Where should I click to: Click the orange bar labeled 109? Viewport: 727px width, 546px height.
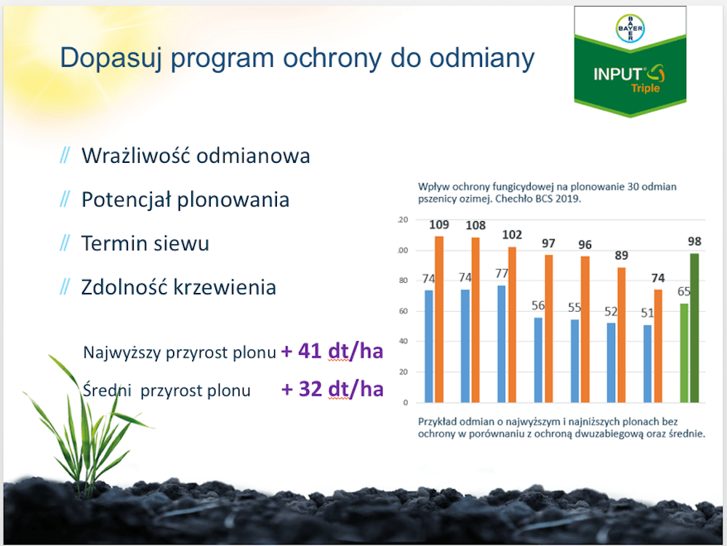[439, 319]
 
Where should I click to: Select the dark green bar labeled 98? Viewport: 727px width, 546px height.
[694, 328]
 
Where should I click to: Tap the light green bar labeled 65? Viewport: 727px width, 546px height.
[684, 353]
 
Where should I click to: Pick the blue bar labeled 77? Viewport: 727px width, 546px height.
[502, 344]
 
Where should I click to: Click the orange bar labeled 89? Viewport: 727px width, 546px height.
[622, 334]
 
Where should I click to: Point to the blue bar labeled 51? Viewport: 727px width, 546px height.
[647, 364]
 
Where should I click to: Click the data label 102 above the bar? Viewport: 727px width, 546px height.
[512, 235]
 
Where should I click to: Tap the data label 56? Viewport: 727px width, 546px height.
[538, 305]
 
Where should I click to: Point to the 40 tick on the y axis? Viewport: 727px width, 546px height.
[403, 341]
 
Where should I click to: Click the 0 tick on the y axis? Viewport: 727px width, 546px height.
[406, 402]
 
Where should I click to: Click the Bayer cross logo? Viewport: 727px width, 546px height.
[630, 28]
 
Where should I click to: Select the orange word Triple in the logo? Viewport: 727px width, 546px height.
[646, 88]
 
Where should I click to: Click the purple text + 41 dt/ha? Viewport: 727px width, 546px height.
[332, 351]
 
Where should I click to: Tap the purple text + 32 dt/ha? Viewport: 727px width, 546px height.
[332, 389]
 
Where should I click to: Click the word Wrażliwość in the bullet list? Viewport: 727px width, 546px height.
[136, 156]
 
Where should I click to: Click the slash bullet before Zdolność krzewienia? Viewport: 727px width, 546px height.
[65, 287]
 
